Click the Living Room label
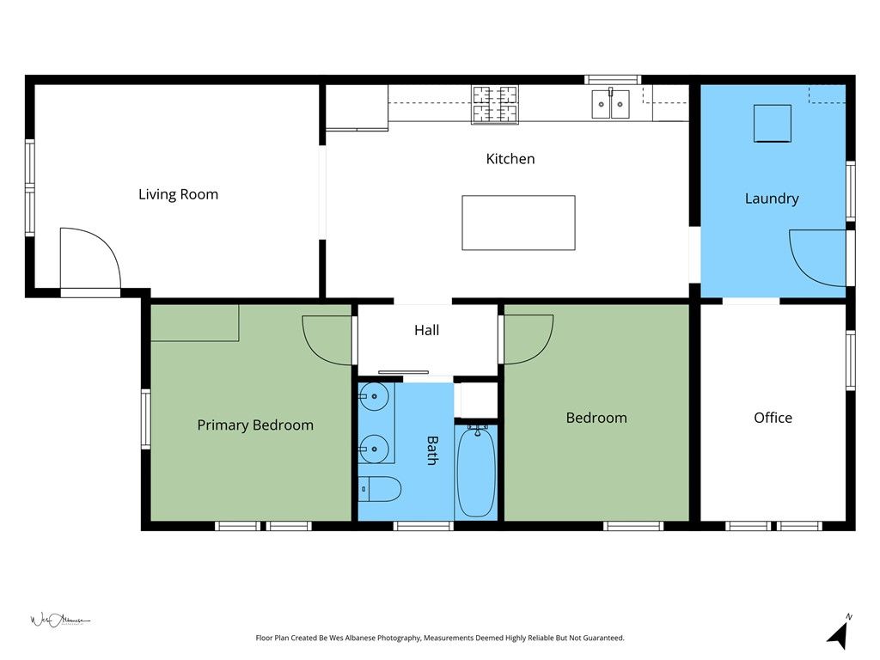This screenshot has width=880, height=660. point(178,194)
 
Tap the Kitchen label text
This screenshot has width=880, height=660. point(510,159)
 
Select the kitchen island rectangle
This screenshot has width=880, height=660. point(518,223)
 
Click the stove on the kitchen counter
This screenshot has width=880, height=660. point(494,104)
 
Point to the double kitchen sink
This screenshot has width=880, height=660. point(610,104)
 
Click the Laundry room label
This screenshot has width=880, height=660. point(771,199)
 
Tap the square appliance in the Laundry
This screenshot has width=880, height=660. point(773,123)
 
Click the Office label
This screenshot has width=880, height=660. point(773,418)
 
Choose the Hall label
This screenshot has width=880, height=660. point(426,330)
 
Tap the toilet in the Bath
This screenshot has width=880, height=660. point(380,490)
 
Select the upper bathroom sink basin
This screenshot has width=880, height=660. point(374,397)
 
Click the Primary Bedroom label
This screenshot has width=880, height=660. point(255,425)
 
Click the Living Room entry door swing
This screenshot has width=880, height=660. point(89,258)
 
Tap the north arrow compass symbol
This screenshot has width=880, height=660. point(840,633)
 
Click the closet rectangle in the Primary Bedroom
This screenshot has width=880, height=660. point(194,323)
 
